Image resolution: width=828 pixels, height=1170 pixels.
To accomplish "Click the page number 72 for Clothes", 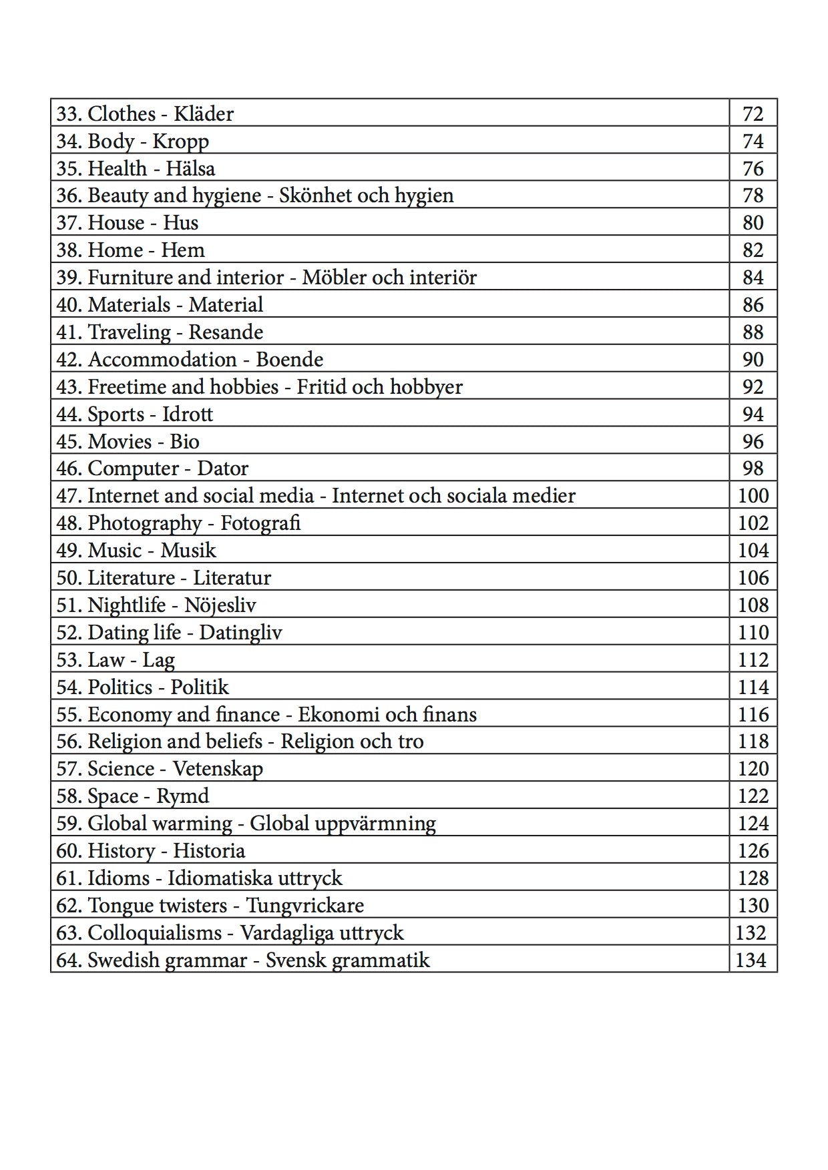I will (x=753, y=114).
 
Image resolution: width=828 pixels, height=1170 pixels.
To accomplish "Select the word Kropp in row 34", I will (x=180, y=141).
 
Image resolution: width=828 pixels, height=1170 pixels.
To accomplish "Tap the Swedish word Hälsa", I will (x=190, y=168).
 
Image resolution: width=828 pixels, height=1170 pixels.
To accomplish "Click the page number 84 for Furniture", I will (x=753, y=278).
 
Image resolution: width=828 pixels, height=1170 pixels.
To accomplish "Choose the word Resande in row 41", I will (x=226, y=332).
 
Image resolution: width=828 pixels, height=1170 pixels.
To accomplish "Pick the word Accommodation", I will (x=162, y=360).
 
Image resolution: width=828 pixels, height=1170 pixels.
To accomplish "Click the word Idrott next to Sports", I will (x=188, y=414).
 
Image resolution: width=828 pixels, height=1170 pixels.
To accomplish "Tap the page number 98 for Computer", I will (x=753, y=469).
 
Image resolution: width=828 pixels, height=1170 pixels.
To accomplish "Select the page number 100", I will (x=753, y=496).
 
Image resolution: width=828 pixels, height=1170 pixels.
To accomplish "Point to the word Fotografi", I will (x=260, y=523).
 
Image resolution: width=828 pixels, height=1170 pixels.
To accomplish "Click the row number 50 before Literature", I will (x=68, y=578).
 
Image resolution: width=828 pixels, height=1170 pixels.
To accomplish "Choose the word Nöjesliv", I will (x=220, y=605).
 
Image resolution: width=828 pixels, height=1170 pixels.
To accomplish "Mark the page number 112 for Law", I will (x=753, y=660).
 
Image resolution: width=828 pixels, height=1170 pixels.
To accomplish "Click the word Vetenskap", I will (x=218, y=769).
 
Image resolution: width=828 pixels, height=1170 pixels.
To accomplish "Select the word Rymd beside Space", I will (x=182, y=796).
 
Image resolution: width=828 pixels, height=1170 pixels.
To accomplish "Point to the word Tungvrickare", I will (x=305, y=906).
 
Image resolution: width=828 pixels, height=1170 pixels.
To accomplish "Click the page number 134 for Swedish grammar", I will (x=751, y=960).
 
